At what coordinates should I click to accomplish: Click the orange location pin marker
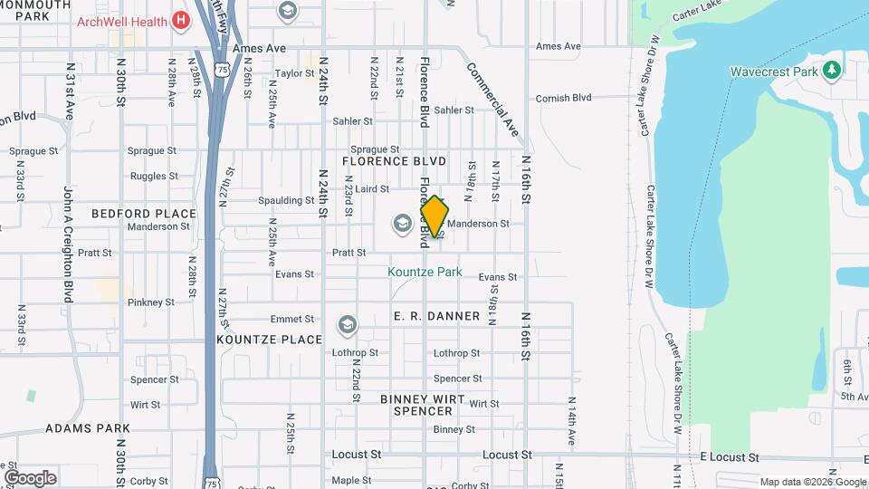434,217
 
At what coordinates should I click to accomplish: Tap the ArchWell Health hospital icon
181,20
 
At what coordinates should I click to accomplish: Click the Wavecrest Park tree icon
831,71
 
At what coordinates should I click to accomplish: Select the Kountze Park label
425,272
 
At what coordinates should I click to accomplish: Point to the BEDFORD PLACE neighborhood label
144,214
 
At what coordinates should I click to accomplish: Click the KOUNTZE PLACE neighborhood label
270,340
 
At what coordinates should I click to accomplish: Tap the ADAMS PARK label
88,428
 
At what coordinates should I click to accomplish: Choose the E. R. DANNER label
436,316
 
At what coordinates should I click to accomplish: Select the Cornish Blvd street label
563,98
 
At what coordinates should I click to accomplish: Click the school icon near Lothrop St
347,324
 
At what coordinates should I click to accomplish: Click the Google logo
30,477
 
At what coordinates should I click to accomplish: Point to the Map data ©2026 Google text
813,482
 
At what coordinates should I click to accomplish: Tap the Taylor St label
294,73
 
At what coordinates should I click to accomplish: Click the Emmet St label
291,319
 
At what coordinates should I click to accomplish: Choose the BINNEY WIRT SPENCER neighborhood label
422,405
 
